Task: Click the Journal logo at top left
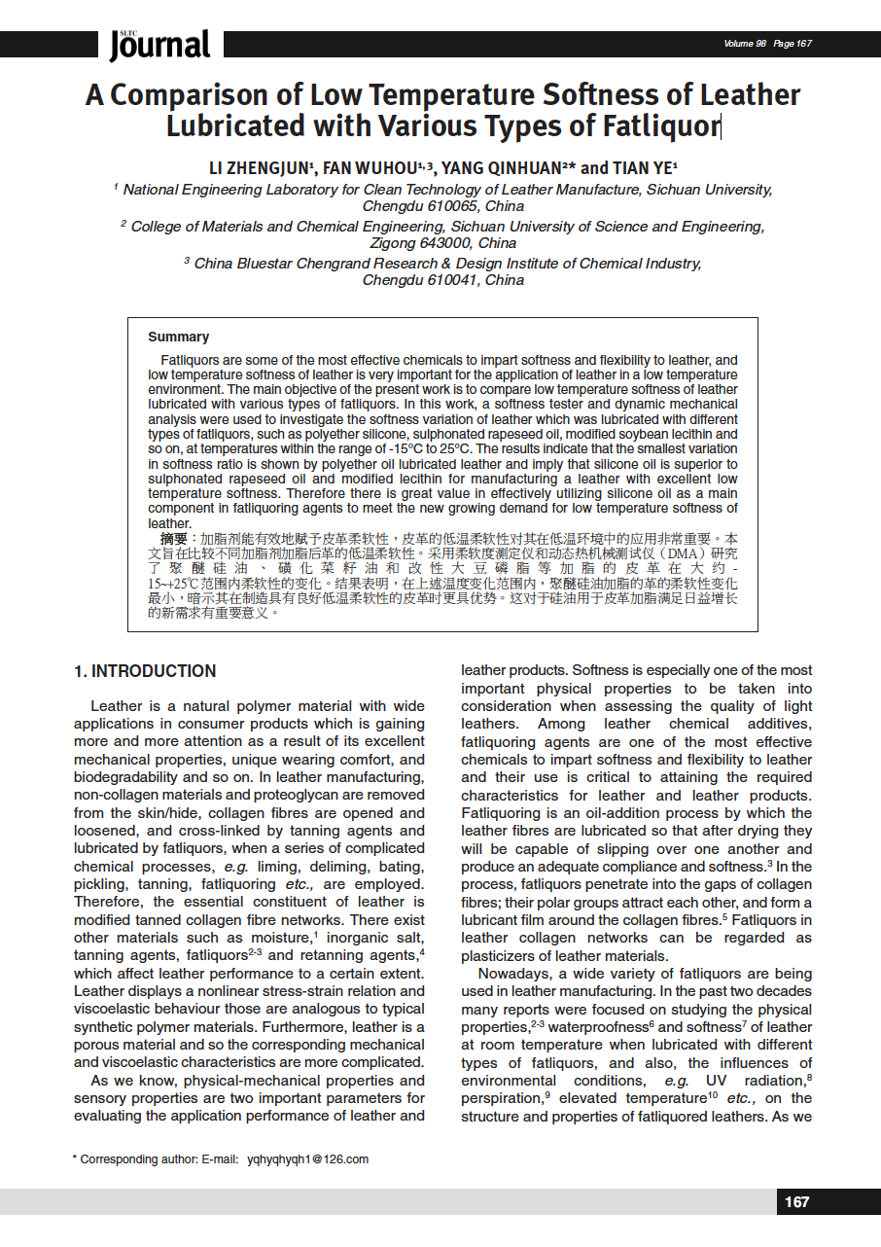(159, 45)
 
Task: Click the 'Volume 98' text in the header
(745, 44)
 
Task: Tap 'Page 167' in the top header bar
(793, 44)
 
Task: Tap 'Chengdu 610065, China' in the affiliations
(442, 206)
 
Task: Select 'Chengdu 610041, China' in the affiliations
(442, 280)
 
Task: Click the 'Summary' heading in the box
(178, 337)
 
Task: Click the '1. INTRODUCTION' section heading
(145, 671)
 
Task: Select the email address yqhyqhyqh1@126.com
(308, 1159)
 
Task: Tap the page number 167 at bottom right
(796, 1202)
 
